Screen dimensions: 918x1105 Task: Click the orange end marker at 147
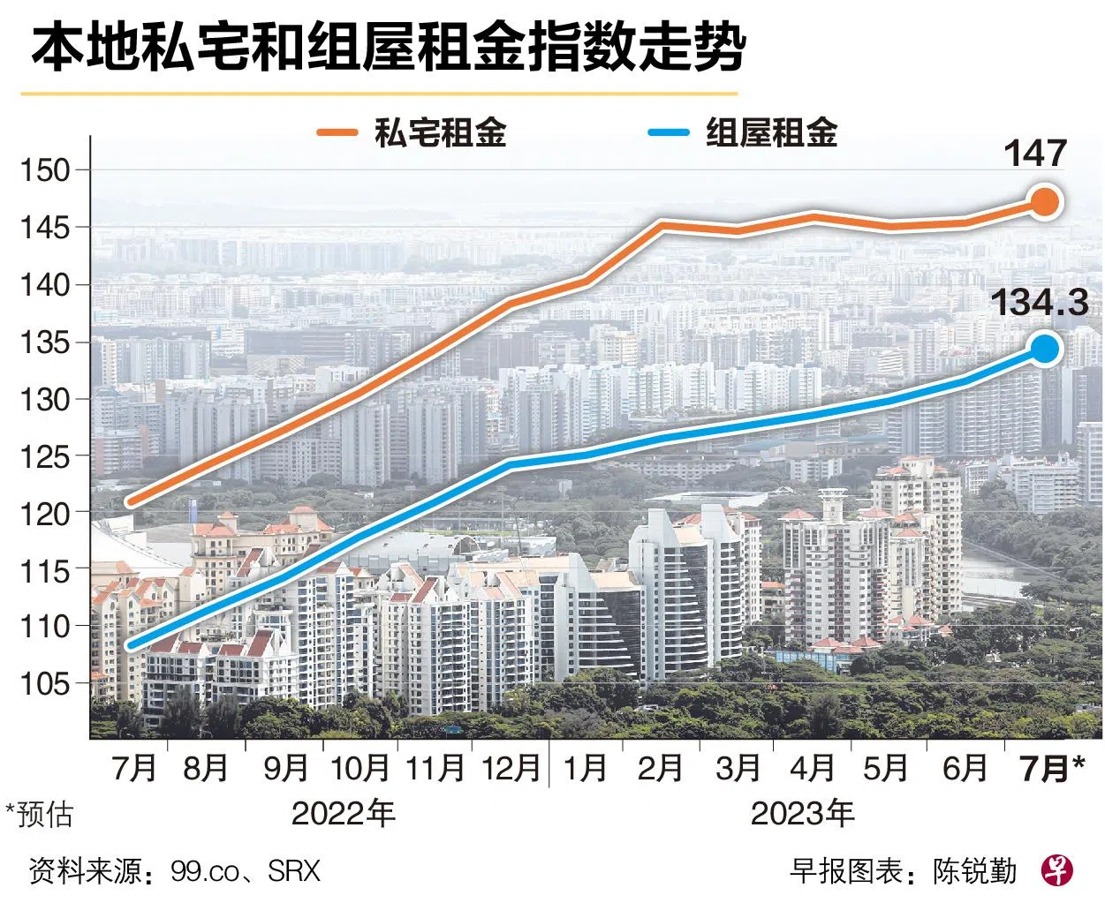(1044, 202)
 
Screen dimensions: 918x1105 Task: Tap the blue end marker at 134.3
(1045, 349)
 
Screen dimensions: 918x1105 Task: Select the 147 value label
(1036, 154)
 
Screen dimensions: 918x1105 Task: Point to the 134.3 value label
(1039, 303)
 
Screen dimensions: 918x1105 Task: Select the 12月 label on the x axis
(510, 768)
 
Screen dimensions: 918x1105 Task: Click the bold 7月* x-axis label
(1051, 768)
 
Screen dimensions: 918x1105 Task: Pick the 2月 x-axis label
(660, 768)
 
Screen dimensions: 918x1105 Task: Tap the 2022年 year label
(343, 812)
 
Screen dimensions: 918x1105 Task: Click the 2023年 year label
(802, 812)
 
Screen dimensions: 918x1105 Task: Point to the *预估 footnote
(39, 814)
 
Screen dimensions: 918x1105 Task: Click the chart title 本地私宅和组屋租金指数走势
(389, 49)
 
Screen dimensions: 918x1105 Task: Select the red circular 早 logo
(1056, 871)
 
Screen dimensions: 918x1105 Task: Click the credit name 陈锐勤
(974, 872)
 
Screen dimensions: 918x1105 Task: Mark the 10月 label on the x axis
(360, 768)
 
